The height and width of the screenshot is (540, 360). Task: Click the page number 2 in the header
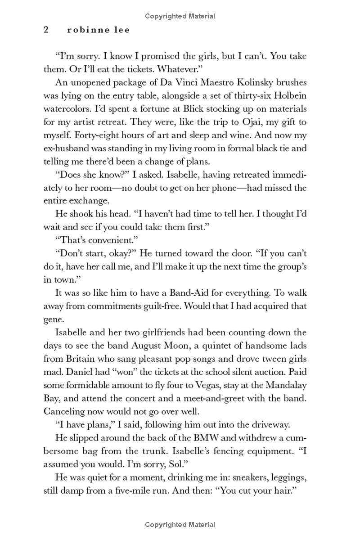[x=46, y=30]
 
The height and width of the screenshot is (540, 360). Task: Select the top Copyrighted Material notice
[x=180, y=16]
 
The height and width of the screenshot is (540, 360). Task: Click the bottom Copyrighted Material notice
[x=180, y=524]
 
